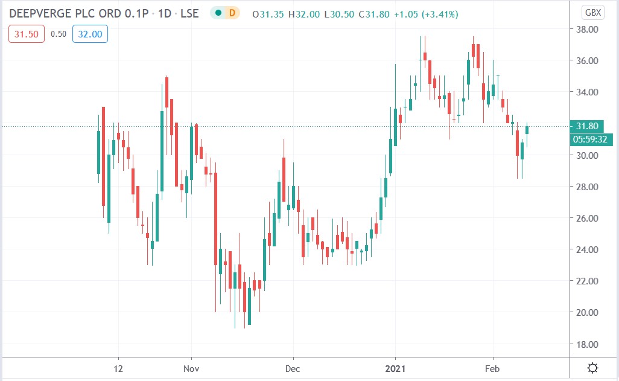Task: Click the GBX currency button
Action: [x=593, y=13]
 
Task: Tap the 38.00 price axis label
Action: [x=588, y=29]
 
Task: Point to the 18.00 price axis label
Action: [x=588, y=344]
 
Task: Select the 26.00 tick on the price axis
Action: [x=588, y=218]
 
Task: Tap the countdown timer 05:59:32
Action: [x=591, y=139]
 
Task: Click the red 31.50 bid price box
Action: [x=26, y=34]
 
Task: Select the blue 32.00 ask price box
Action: [x=90, y=34]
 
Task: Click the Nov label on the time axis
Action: [x=191, y=367]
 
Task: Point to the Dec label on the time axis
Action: [x=293, y=367]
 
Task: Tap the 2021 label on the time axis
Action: [x=395, y=367]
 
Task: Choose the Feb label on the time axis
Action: [x=493, y=367]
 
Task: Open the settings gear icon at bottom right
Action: [x=593, y=367]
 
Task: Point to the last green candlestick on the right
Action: [x=527, y=129]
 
